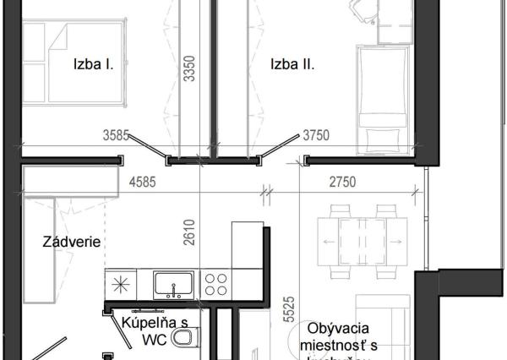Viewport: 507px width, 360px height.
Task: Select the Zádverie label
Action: [72, 243]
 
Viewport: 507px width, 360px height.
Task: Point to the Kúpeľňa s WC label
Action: [154, 330]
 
